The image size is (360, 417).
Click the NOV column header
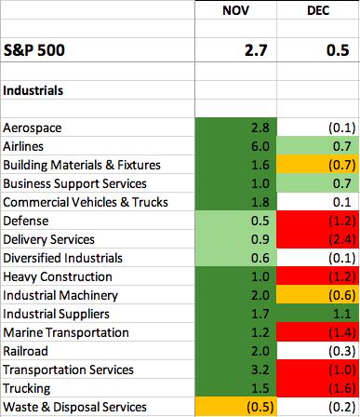click(235, 10)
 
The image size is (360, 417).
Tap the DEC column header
click(318, 10)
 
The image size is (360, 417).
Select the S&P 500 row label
click(34, 50)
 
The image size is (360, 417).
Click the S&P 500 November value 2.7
click(256, 50)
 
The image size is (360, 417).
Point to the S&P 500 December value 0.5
click(338, 50)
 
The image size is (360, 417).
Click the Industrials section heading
click(33, 90)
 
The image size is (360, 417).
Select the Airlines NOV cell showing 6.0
click(236, 146)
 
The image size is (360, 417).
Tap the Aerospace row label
click(33, 128)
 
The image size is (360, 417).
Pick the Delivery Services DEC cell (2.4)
click(318, 239)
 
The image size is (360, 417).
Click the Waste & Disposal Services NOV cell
click(236, 407)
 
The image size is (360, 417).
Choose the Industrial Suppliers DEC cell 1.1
click(318, 314)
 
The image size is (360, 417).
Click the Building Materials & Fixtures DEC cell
click(318, 165)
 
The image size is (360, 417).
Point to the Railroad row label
click(25, 351)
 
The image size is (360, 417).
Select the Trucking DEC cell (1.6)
click(318, 388)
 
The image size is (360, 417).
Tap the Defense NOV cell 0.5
click(236, 221)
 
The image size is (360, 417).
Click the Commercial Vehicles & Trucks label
click(86, 202)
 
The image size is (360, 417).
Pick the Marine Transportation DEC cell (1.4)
click(318, 332)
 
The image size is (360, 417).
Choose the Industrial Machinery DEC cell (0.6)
click(318, 295)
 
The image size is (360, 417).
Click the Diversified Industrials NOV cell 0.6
click(236, 258)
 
